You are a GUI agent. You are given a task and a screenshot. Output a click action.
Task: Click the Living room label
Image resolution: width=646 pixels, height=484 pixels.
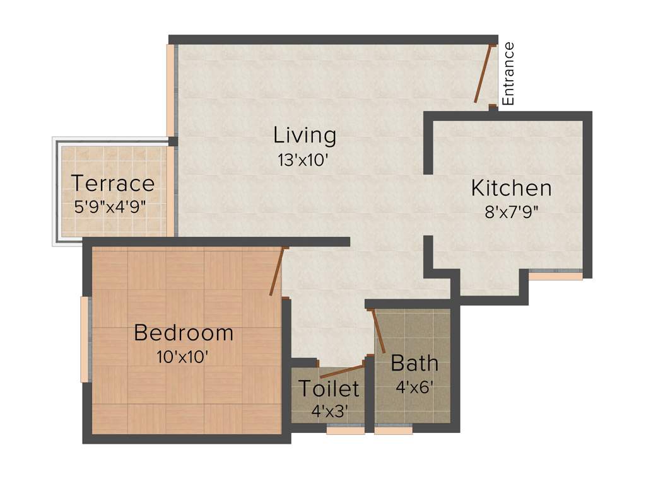[304, 135]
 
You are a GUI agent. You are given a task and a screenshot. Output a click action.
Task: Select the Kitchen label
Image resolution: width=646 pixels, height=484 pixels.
[511, 188]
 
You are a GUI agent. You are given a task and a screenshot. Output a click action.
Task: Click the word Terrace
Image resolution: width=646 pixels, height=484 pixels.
[113, 183]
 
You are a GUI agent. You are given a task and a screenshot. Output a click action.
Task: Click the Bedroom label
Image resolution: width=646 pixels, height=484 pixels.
[184, 333]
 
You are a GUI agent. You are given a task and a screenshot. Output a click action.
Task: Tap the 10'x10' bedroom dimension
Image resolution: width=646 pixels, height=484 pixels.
[182, 357]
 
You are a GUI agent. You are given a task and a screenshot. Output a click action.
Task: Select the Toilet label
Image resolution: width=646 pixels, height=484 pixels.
[329, 389]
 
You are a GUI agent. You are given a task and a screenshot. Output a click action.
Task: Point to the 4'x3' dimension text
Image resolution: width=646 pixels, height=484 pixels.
[329, 411]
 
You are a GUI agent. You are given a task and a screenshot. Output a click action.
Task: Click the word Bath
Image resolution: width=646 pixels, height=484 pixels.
[414, 363]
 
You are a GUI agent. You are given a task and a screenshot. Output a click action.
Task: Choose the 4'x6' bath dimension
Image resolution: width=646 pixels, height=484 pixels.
[414, 386]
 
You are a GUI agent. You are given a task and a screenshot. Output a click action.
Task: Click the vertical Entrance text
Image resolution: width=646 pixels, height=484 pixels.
[508, 73]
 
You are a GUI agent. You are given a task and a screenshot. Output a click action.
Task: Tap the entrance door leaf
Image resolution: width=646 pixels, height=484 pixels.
[484, 74]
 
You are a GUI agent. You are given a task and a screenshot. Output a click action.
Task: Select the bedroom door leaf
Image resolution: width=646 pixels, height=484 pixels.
[278, 272]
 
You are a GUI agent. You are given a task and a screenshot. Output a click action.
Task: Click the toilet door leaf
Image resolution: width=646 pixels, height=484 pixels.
[343, 371]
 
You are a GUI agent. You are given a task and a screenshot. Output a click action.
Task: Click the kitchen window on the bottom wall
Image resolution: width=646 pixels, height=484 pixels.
[555, 275]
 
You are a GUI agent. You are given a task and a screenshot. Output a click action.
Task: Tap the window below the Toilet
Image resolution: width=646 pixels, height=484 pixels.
[345, 431]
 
